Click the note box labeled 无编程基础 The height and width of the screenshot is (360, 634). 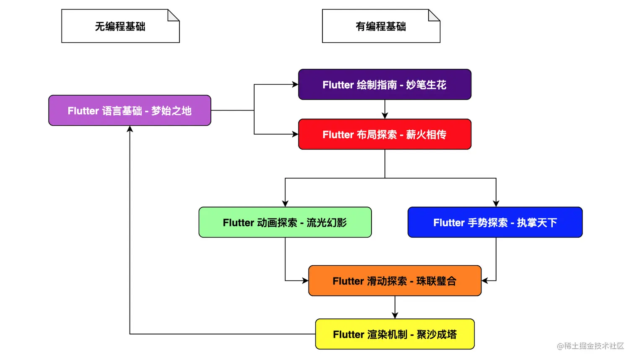point(120,26)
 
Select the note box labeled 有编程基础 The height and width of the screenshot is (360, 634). point(381,26)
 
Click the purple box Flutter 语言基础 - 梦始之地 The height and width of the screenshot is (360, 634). point(130,111)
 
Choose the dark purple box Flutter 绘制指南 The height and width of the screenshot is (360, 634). point(385,85)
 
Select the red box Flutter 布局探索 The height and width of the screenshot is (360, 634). point(385,135)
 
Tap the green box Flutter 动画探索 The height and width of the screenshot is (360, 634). point(285,223)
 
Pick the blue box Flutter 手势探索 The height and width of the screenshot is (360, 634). point(495,223)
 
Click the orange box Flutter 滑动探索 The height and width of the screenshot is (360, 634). point(395,281)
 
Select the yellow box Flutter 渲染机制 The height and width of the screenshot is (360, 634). point(395,334)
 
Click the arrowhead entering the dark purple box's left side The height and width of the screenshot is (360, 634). point(295,85)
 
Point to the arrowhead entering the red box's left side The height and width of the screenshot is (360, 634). point(295,134)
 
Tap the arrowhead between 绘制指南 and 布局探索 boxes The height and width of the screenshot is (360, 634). point(385,116)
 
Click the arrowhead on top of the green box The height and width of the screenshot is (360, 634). point(285,204)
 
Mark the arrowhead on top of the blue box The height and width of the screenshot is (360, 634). point(496,204)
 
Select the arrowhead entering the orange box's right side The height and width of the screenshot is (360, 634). point(485,281)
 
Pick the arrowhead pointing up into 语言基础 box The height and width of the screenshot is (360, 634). point(130,129)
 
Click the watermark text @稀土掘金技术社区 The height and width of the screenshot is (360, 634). point(590,346)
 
